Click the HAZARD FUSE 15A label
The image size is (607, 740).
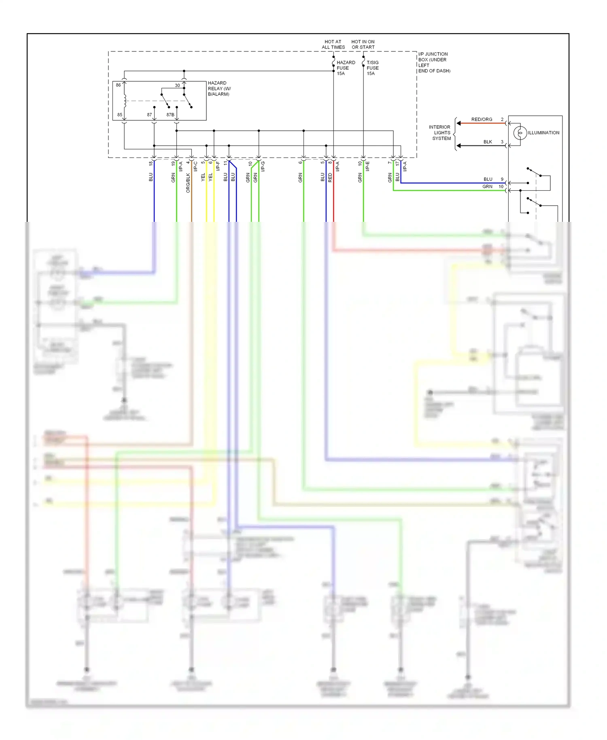346,68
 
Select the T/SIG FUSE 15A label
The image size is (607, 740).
372,68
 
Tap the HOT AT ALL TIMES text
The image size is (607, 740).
333,45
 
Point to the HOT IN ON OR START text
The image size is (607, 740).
363,45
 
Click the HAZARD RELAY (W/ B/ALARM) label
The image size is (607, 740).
219,88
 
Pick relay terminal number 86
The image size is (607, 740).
118,85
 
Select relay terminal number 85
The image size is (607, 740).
120,115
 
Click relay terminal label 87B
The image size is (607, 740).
170,115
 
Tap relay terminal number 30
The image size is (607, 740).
177,85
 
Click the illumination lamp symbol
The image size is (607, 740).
520,133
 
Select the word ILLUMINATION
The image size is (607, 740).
543,133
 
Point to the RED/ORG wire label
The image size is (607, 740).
482,119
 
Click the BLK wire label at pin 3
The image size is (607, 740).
488,142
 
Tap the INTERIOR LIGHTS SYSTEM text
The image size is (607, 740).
440,133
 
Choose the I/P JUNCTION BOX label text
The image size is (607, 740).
433,62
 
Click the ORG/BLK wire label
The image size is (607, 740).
188,183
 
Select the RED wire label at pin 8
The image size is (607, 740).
330,177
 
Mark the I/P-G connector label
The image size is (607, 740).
263,166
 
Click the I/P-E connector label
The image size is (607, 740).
367,166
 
